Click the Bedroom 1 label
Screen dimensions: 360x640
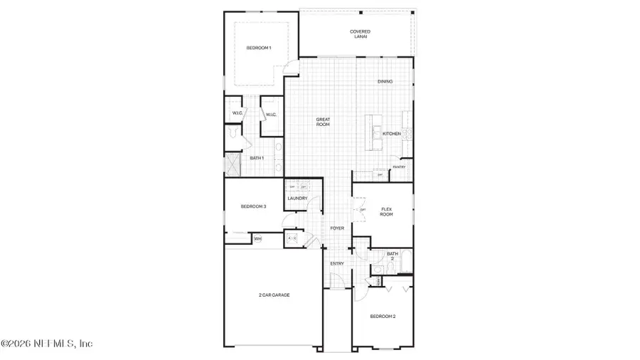coord(258,48)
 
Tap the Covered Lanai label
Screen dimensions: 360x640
coord(360,33)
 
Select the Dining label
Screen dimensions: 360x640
coord(385,82)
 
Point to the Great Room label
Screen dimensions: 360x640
coord(324,122)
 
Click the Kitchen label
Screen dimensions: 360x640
coord(392,134)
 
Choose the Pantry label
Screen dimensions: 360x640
coord(399,167)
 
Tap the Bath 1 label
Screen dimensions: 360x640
coord(257,158)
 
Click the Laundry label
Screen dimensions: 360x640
coord(297,198)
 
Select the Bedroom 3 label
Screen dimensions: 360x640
coord(253,206)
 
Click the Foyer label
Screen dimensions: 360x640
coord(337,228)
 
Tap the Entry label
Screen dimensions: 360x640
coord(337,264)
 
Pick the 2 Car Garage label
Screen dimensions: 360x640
coord(274,295)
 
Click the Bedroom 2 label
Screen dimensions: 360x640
coord(383,316)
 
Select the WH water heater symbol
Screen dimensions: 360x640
coord(257,239)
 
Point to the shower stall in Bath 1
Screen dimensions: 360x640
coord(233,165)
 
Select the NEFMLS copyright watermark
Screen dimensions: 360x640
coord(47,344)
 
